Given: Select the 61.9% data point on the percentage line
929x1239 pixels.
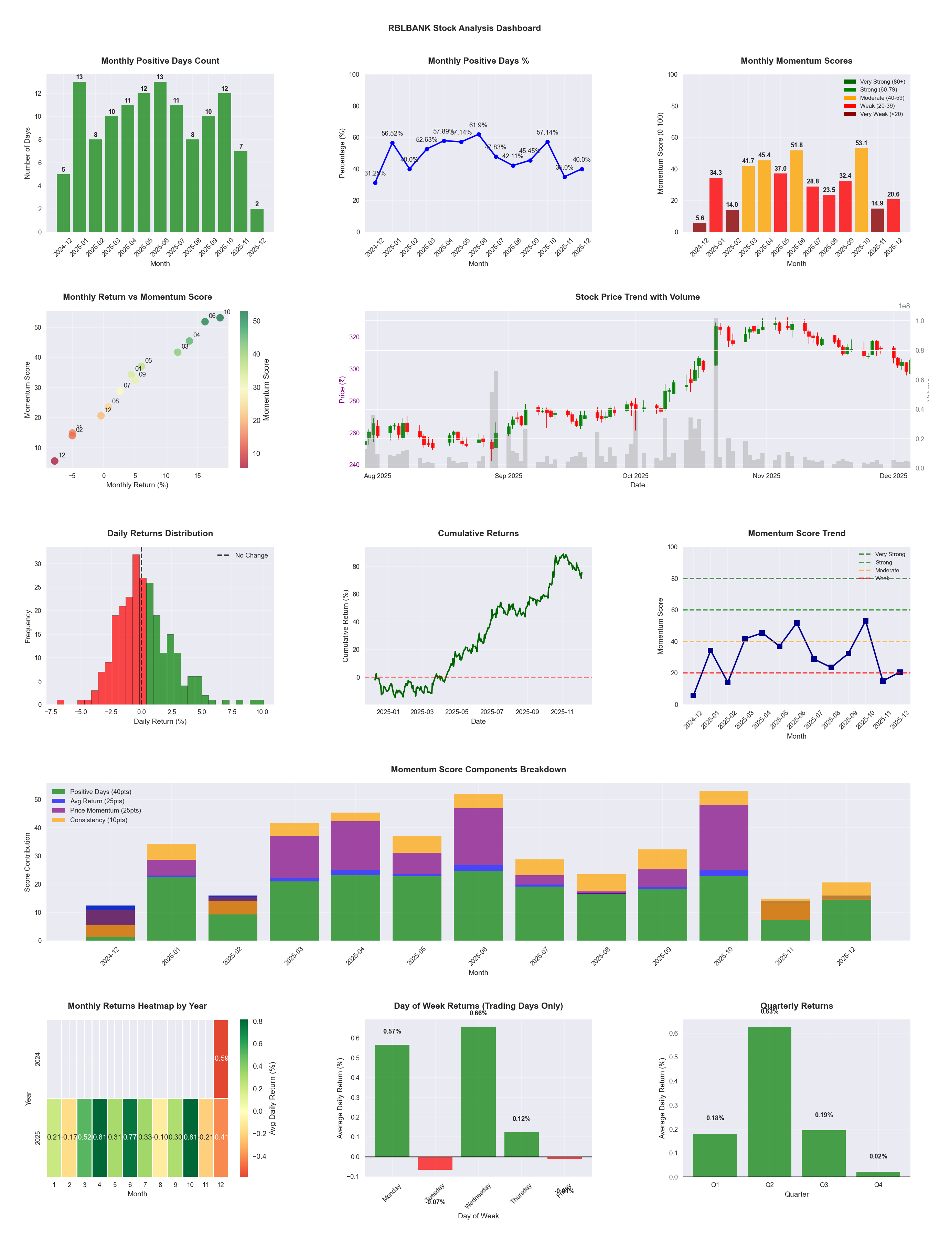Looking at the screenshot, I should (478, 135).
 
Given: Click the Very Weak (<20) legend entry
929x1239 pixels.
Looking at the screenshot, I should (881, 114).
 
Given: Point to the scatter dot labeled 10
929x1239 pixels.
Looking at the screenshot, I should (220, 318).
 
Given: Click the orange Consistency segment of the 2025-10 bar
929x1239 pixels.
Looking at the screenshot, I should (724, 798).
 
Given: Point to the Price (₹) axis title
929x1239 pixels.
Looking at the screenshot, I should (342, 389).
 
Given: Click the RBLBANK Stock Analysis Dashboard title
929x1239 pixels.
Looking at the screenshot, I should (464, 28).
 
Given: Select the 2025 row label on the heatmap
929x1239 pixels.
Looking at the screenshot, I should (38, 1137).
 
